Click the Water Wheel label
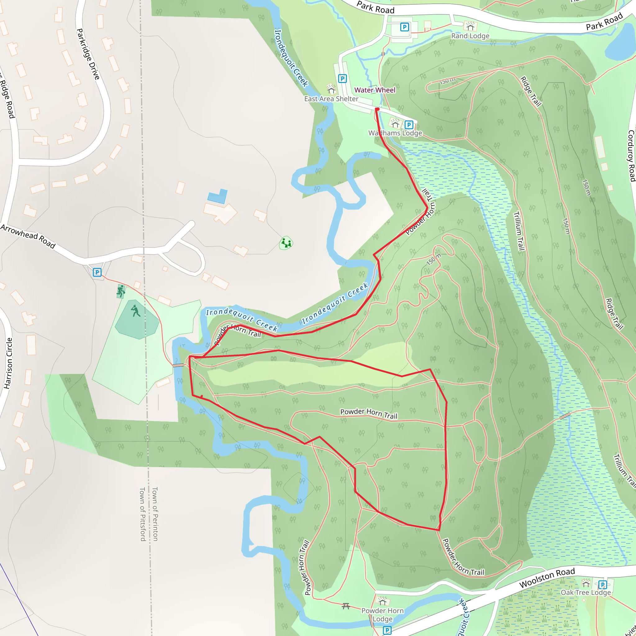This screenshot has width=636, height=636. coord(375,90)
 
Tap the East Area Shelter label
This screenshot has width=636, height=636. coord(331,99)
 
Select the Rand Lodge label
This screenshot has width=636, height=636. coord(470,36)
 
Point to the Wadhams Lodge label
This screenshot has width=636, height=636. coord(395,133)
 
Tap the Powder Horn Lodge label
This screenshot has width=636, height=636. coord(382,615)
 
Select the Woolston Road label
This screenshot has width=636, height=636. coord(547,578)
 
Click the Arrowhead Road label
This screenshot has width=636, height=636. coord(28,236)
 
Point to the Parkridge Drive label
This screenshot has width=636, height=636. coord(88,54)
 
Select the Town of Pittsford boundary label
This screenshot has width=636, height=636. coord(143,514)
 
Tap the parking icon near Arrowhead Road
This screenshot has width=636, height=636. coord(97,272)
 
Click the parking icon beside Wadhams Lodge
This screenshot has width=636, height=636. coord(409,125)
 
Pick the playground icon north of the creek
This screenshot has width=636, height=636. coord(286,243)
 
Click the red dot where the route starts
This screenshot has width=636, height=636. coord(377,109)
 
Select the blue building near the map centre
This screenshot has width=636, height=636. coord(218,196)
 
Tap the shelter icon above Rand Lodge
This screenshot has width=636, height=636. coord(470,25)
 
